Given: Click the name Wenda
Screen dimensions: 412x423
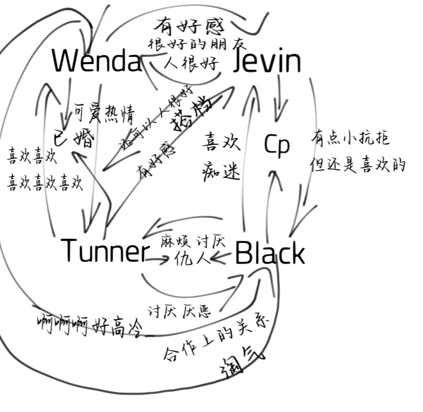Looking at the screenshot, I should [97, 61].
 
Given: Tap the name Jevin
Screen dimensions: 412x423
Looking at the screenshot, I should [267, 62].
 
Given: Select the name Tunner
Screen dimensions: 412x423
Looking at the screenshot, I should [103, 251].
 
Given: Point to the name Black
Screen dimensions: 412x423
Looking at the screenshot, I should [269, 254].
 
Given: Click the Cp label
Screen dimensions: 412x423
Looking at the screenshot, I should [277, 146].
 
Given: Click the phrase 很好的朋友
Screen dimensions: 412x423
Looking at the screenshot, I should [197, 45].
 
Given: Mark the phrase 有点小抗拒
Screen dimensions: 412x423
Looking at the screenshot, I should [350, 139].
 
